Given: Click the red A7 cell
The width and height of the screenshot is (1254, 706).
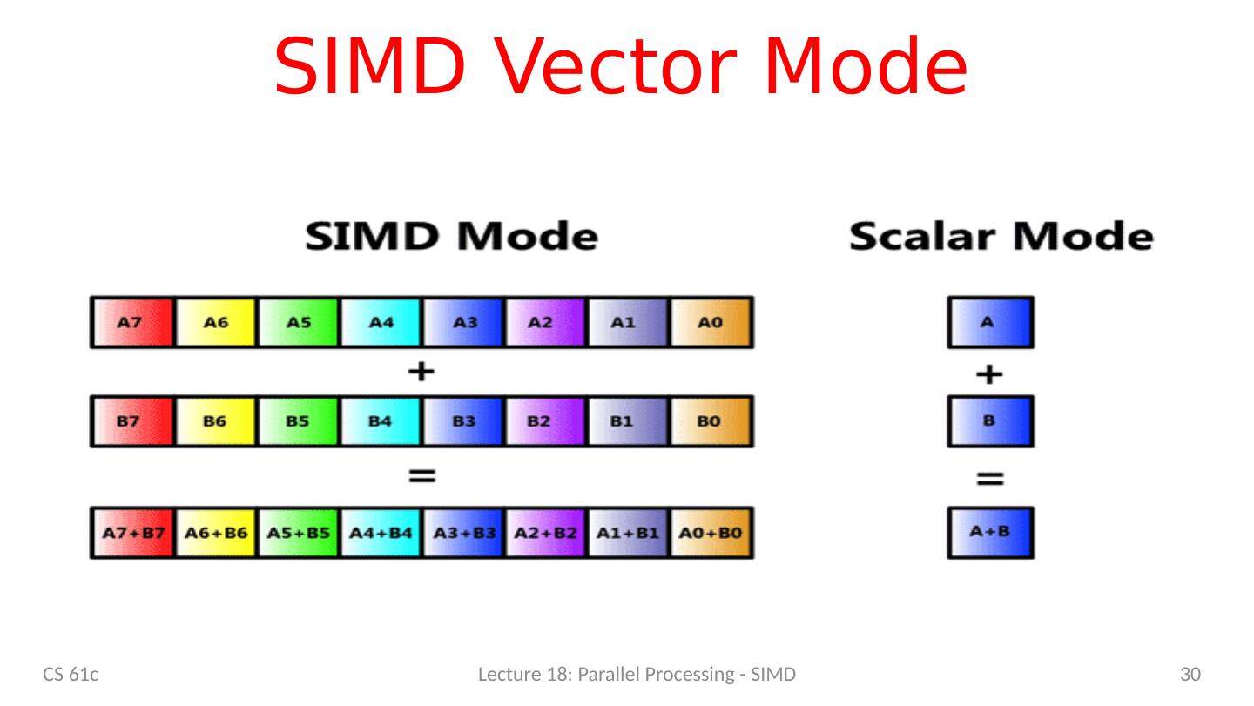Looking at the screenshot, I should click(x=131, y=322).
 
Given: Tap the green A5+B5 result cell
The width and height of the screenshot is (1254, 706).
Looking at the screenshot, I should click(x=299, y=532).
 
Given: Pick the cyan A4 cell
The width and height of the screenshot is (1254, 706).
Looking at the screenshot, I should click(x=381, y=322).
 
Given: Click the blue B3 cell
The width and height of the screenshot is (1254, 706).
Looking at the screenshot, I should click(x=464, y=421).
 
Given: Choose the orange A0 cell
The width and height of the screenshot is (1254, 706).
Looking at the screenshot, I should click(x=711, y=322).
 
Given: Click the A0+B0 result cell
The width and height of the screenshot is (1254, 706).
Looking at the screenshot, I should click(x=711, y=532).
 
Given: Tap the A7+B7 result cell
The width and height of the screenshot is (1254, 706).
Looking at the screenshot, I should click(x=131, y=532).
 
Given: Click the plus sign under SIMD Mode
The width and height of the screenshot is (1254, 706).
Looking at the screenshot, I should click(x=421, y=373).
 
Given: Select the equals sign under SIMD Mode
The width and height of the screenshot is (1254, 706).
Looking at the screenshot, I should click(x=421, y=476).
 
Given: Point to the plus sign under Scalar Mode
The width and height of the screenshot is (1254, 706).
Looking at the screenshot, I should click(x=990, y=375).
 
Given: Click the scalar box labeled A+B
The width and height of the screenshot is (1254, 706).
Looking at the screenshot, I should click(x=990, y=532).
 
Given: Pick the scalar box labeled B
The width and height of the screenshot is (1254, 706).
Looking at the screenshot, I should click(x=990, y=421).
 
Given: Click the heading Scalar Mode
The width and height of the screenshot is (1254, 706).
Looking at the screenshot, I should click(x=1001, y=237).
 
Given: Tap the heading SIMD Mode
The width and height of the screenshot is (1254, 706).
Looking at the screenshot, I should click(x=451, y=237).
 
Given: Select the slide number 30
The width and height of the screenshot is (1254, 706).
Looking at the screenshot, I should click(x=1190, y=674).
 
